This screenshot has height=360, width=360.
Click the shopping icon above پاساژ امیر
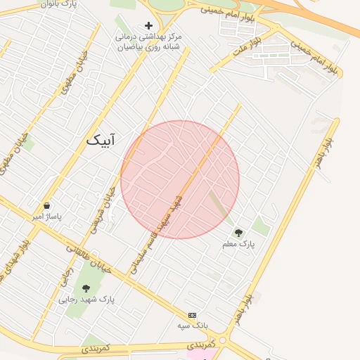coord(46,206)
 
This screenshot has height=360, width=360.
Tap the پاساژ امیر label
coord(46,217)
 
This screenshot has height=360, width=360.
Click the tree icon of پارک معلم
coord(238,233)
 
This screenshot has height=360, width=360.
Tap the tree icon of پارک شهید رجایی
coord(86,288)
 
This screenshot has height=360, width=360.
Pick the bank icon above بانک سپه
coord(192,315)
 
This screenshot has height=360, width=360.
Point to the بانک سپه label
coord(192,326)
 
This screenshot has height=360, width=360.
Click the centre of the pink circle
coord(180,179)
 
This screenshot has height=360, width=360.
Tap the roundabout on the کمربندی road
coord(223,340)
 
